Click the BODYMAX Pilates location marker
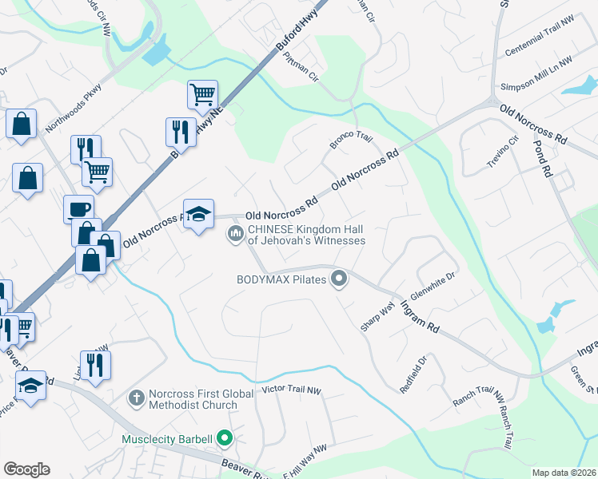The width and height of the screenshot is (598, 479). pyautogui.click(x=339, y=279)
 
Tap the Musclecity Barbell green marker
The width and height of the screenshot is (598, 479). pyautogui.click(x=225, y=438)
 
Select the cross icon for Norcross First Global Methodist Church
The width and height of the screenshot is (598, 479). pyautogui.click(x=137, y=397)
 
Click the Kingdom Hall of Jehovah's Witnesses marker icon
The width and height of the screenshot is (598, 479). pyautogui.click(x=235, y=233)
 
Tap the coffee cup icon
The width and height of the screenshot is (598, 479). pyautogui.click(x=78, y=208)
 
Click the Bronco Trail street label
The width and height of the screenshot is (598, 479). pyautogui.click(x=352, y=141)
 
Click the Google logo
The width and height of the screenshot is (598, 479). pyautogui.click(x=26, y=469)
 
